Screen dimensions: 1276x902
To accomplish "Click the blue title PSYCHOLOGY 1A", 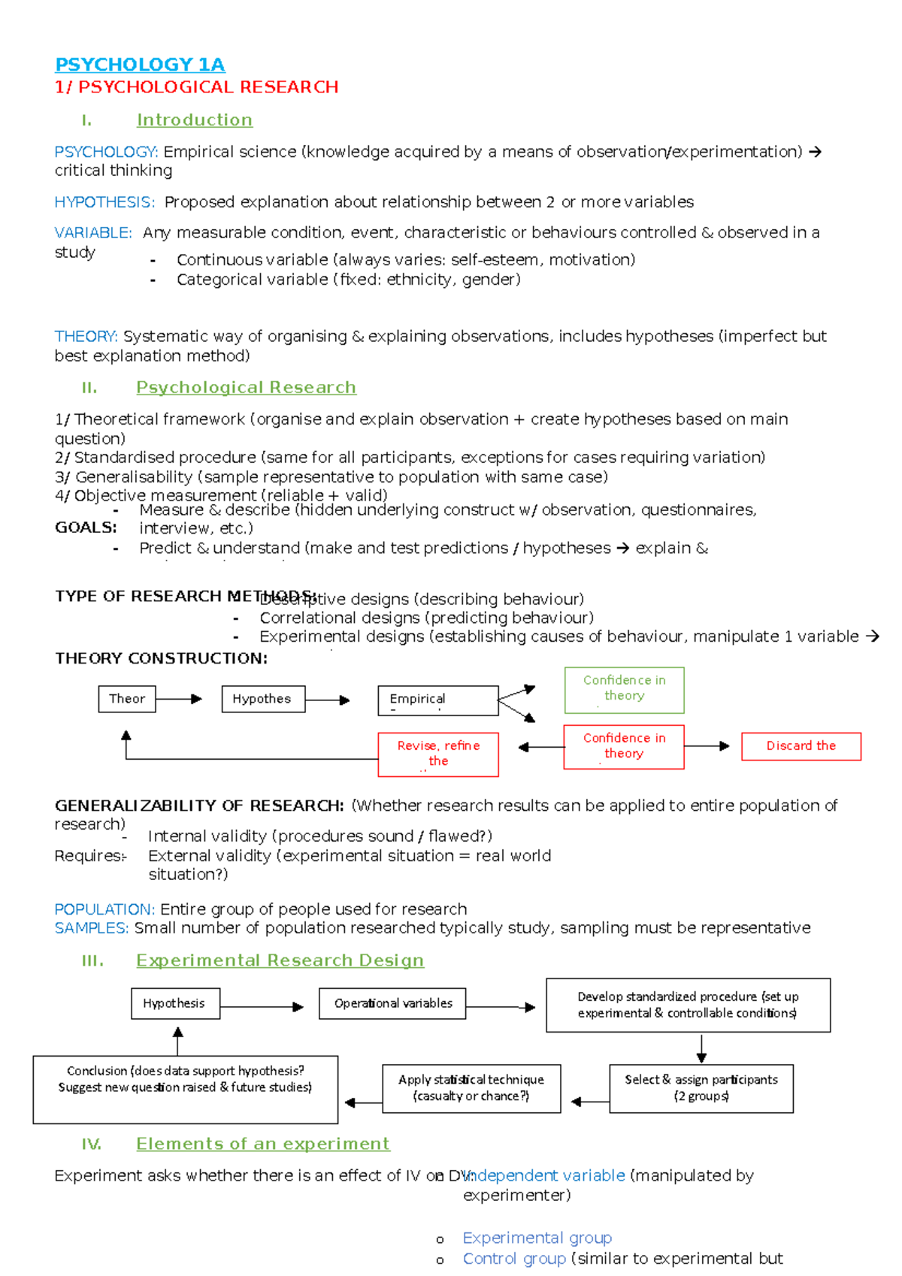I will pos(140,65).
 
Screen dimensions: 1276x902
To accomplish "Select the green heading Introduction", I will pos(194,120).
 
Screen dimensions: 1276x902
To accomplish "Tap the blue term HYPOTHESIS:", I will pos(104,202).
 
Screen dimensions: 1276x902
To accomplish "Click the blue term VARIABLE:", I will pos(93,233).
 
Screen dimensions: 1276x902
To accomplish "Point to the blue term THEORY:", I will pos(86,336).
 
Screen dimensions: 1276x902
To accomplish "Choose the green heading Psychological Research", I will pos(246,388).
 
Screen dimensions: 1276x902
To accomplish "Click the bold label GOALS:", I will pos(86,528).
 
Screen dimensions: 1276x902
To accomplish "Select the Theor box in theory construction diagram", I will pos(127,699).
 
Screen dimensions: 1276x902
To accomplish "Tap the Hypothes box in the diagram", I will pos(263,699).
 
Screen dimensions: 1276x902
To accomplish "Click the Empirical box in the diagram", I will pos(437,700).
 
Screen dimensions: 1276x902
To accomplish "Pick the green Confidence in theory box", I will pos(624,689).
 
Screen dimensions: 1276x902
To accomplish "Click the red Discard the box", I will pos(801,746).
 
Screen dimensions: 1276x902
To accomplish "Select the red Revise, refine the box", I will pos(438,754).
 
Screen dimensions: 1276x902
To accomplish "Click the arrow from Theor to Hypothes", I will pos(179,699).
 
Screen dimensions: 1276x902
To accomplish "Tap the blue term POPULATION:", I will pos(104,909).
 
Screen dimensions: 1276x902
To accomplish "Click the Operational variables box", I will pos(392,1004).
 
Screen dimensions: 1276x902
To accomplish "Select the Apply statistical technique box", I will pos(471,1088).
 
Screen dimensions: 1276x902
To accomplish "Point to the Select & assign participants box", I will pos(701,1088).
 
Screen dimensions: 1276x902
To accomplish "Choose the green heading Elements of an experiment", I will pos(262,1144).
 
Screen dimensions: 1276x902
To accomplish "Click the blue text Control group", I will pos(514,1259).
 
